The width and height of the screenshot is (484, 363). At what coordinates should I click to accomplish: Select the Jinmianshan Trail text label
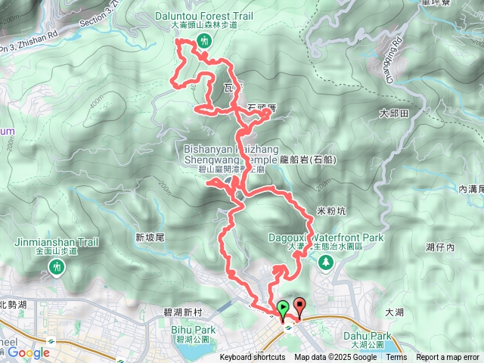(57, 243)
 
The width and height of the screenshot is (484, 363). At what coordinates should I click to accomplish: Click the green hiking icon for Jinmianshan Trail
(56, 266)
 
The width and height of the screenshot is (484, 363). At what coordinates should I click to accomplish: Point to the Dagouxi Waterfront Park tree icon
(326, 262)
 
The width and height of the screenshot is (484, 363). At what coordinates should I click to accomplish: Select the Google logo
(28, 352)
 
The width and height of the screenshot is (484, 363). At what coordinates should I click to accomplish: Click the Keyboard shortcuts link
(253, 358)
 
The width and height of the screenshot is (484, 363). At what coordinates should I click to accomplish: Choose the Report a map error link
(447, 358)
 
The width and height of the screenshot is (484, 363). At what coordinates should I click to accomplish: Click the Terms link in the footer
(396, 358)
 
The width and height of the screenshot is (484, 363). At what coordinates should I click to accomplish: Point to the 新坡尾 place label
(150, 237)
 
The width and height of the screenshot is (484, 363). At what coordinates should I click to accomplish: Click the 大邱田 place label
(393, 113)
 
